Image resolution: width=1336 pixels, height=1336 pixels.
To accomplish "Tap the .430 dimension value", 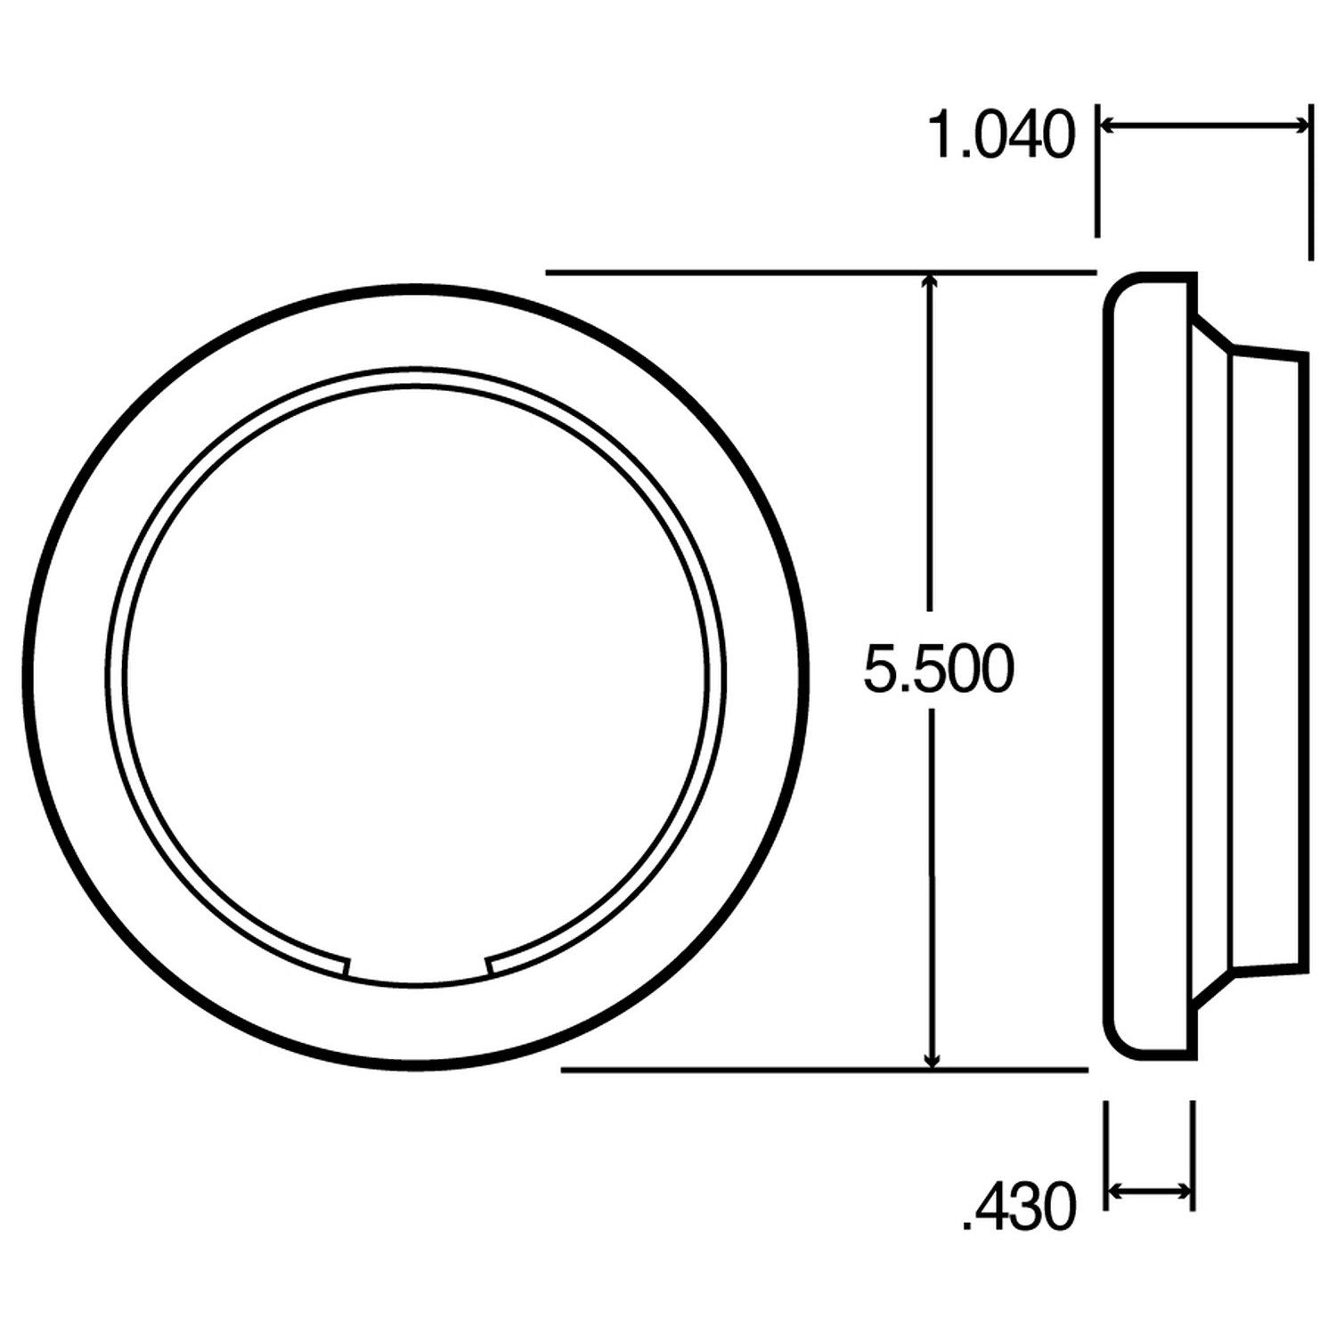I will point(1020,1209).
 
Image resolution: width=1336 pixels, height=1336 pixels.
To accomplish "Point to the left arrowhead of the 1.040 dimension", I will point(1107,126).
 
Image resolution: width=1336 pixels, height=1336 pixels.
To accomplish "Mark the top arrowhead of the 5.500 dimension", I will point(932,281).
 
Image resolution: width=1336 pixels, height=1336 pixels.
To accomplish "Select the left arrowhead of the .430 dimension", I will point(1114,1190).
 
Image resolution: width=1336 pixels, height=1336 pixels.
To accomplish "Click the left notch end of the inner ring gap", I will point(347,966).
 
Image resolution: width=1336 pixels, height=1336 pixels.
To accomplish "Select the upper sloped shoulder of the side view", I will point(1213,330).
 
